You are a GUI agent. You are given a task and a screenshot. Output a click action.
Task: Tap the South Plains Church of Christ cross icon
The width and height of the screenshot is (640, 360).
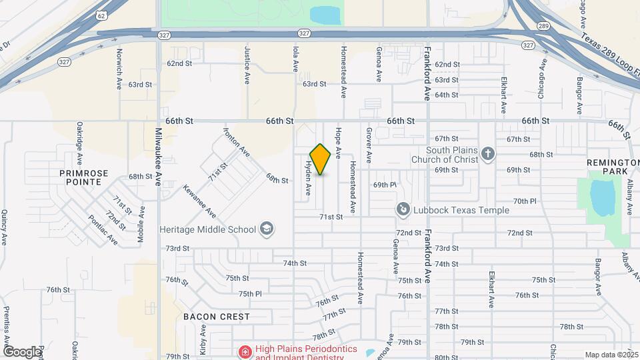pyautogui.click(x=488, y=155)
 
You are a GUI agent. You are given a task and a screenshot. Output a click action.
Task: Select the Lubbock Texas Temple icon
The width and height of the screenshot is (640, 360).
pyautogui.click(x=403, y=210)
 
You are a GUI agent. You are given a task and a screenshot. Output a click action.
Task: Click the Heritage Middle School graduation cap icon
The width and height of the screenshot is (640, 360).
pyautogui.click(x=267, y=229)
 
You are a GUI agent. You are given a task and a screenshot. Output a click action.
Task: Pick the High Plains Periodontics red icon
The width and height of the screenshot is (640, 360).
pyautogui.click(x=245, y=351)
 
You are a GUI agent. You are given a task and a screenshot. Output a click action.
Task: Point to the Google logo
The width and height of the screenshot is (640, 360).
pyautogui.click(x=21, y=351)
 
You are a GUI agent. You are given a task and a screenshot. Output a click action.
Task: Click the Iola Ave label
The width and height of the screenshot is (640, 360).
pyautogui.click(x=295, y=59)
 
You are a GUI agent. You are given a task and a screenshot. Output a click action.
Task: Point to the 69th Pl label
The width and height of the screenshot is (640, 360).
pyautogui.click(x=385, y=185)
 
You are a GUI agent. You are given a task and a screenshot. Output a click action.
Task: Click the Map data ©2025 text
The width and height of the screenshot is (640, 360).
pyautogui.click(x=610, y=355)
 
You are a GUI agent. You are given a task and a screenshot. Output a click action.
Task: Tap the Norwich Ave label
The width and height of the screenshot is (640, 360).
pyautogui.click(x=119, y=61)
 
